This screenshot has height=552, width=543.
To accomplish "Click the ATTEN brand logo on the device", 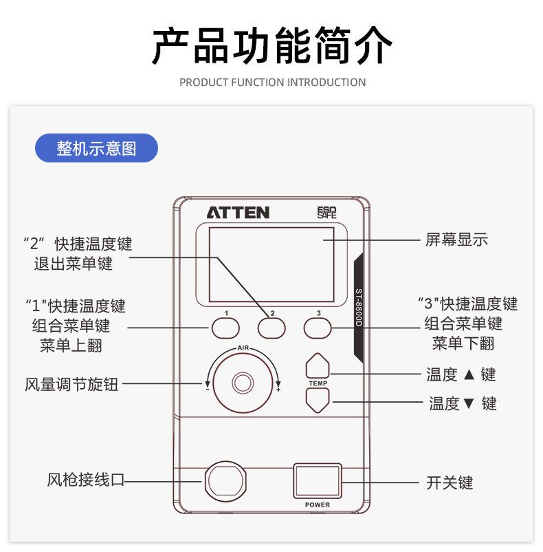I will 238,213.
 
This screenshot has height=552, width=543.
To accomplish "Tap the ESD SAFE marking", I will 327,213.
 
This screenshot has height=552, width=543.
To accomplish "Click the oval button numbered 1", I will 225,328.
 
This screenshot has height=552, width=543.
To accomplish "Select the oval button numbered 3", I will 318,328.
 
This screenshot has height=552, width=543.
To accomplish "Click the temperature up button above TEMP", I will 318,365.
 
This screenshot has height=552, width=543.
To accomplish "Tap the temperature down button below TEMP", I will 318,400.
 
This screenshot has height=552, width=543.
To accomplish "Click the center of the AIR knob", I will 242,382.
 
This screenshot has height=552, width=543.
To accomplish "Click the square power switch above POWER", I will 317,480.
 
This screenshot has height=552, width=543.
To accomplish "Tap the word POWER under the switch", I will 318,505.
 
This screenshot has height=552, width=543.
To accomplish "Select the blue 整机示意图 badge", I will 97,148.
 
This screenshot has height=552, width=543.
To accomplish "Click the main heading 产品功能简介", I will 272,45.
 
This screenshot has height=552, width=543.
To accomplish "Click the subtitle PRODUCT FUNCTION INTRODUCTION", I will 272,83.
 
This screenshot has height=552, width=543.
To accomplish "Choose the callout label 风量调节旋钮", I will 71,385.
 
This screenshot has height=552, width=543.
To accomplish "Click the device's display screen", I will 271,264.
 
